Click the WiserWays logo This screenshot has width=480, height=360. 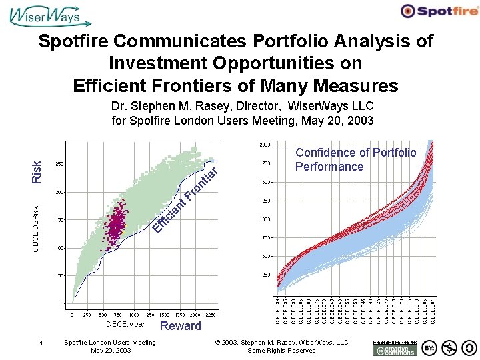pyautogui.click(x=45, y=15)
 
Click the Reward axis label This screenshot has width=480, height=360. pyautogui.click(x=180, y=325)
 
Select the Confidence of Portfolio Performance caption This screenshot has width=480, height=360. pyautogui.click(x=356, y=159)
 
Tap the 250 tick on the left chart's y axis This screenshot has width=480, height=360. pyautogui.click(x=59, y=164)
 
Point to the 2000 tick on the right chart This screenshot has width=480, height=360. pyautogui.click(x=265, y=144)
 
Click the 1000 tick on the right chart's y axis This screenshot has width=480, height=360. pyautogui.click(x=265, y=219)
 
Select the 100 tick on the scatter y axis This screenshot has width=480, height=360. pyautogui.click(x=59, y=248)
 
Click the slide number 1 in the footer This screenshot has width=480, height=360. pyautogui.click(x=41, y=343)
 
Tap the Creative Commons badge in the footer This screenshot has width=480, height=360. pyautogui.click(x=395, y=347)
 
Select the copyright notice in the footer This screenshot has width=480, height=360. pyautogui.click(x=281, y=347)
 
